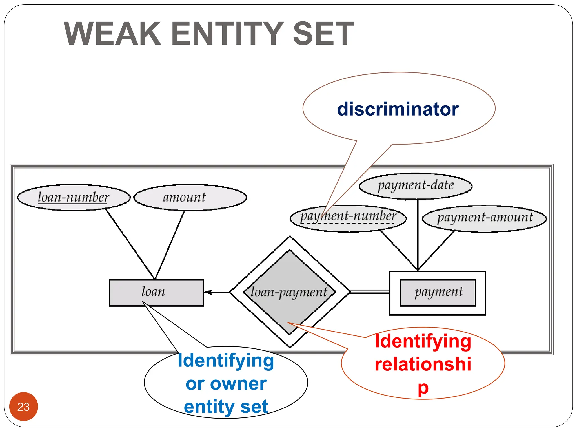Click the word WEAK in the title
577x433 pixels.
point(112,34)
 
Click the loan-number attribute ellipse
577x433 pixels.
point(74,197)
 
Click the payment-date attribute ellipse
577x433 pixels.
point(416,186)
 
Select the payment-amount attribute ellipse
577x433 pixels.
point(484,218)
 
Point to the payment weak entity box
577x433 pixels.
point(437,293)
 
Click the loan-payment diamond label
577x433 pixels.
point(289,292)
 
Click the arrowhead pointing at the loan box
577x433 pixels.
point(208,292)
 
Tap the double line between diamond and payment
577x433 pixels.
point(369,291)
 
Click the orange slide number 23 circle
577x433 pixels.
point(23,406)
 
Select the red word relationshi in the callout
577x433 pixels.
point(423,364)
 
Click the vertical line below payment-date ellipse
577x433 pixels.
point(418,234)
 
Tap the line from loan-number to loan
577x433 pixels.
point(130,244)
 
